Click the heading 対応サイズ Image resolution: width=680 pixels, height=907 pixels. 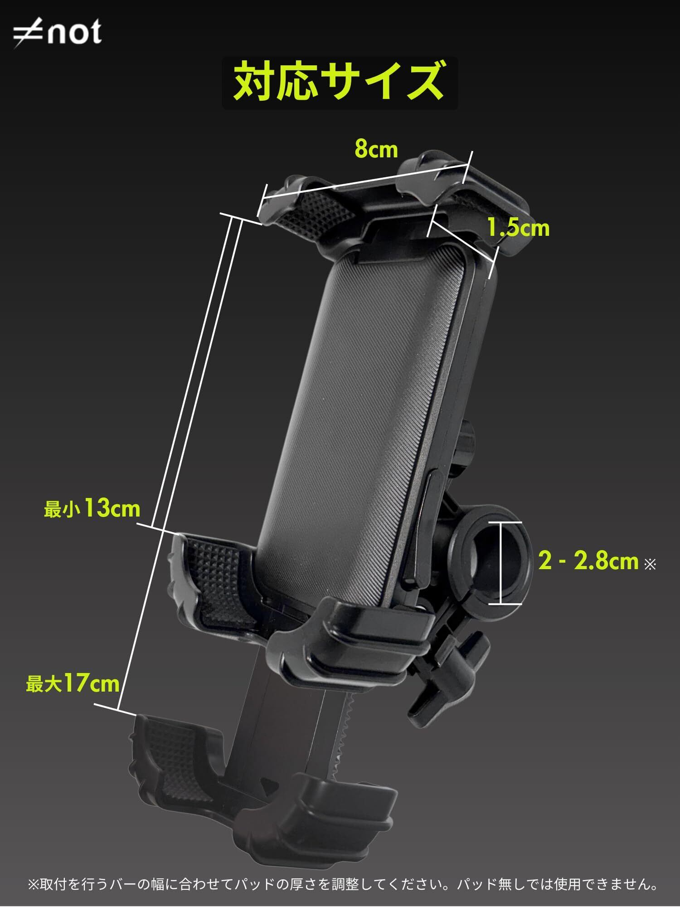(339, 82)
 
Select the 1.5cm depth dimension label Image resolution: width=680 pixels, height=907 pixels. (518, 227)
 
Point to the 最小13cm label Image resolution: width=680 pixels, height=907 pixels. (92, 508)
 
